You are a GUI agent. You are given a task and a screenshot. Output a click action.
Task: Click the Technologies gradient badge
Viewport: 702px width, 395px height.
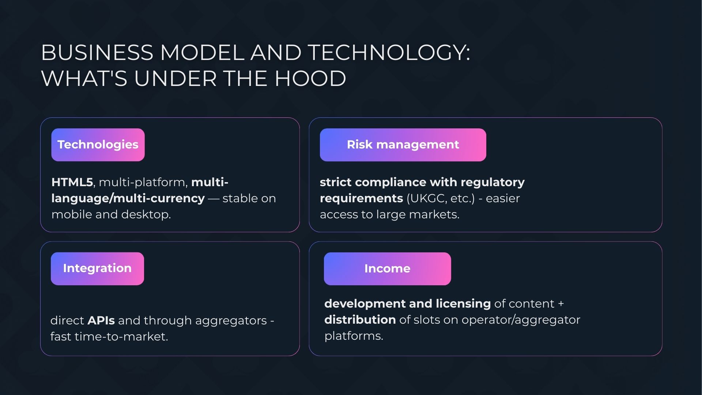[98, 145]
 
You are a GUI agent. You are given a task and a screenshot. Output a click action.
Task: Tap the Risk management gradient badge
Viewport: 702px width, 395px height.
[403, 145]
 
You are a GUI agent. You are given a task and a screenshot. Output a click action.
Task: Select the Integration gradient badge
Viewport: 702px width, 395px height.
[97, 268]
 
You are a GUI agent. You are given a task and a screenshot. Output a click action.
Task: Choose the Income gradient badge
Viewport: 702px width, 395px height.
[388, 269]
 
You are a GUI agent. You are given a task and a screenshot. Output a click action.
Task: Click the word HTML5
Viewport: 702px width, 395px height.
[72, 182]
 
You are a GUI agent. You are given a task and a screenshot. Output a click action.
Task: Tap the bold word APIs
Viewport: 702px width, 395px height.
[101, 320]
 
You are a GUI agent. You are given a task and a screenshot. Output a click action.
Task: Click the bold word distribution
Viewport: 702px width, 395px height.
[360, 320]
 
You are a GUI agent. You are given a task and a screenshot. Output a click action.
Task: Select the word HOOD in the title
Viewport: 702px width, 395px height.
[310, 78]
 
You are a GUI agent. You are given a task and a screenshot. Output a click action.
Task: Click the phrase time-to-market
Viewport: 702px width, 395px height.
[121, 336]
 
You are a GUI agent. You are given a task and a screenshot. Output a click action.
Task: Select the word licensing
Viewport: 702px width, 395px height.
[463, 304]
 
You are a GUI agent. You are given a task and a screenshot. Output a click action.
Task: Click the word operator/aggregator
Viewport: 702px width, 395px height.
[521, 320]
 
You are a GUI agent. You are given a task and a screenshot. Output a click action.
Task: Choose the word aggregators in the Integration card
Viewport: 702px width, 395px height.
[231, 321]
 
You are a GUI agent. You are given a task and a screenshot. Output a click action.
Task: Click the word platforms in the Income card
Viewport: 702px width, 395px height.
[354, 336]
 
